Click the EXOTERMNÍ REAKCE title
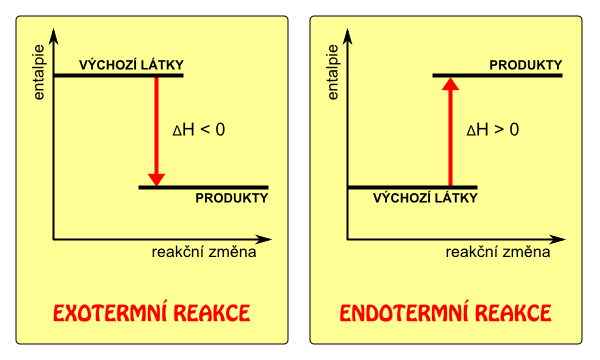pyautogui.click(x=152, y=313)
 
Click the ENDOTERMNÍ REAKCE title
pyautogui.click(x=445, y=313)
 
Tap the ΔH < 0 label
pyautogui.click(x=199, y=130)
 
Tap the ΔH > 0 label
pyautogui.click(x=492, y=130)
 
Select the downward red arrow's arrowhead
pyautogui.click(x=157, y=179)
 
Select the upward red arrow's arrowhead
pyautogui.click(x=450, y=84)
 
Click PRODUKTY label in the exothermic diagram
pyautogui.click(x=232, y=198)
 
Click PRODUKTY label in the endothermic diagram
pyautogui.click(x=526, y=65)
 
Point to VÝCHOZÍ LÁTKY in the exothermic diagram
pyautogui.click(x=131, y=65)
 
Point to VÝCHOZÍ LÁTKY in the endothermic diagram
pyautogui.click(x=425, y=198)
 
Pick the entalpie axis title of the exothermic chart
pyautogui.click(x=39, y=72)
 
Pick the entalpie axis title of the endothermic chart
pyautogui.click(x=333, y=72)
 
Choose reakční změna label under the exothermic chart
pyautogui.click(x=204, y=252)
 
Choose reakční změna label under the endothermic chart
pyautogui.click(x=498, y=252)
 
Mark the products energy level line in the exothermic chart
pyautogui.click(x=204, y=187)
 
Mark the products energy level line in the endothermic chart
pyautogui.click(x=497, y=75)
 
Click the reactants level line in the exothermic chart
pyautogui.click(x=119, y=75)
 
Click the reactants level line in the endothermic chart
pyautogui.click(x=412, y=187)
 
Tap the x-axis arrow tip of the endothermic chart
pyautogui.click(x=565, y=239)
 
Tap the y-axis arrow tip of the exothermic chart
pyautogui.click(x=54, y=28)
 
